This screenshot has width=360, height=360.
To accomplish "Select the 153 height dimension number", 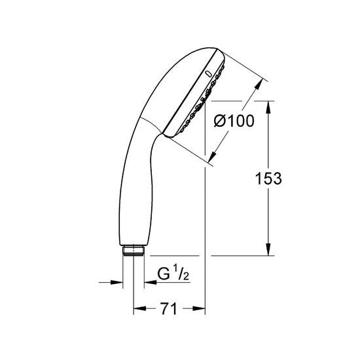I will tap(268, 178).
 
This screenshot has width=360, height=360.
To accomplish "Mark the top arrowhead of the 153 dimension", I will tap(269, 105).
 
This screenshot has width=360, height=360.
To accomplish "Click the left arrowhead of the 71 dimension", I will tap(138, 307).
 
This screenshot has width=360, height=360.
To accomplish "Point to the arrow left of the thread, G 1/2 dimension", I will tap(118, 283).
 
